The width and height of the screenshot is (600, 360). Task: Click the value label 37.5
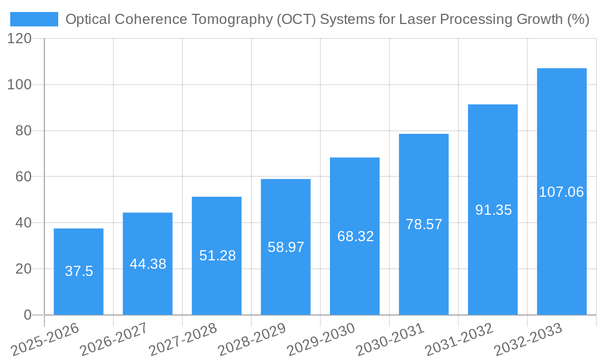79,271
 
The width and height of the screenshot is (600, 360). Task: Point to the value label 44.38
148,264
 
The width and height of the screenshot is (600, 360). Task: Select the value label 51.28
217,256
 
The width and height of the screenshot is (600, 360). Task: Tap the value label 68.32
355,236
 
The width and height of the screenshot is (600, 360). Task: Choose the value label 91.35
493,210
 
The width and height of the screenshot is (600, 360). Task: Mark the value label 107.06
562,192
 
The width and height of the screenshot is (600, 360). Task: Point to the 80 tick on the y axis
23,131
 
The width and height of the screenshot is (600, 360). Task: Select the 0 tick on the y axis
28,315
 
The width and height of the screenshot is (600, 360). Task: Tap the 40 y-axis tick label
23,223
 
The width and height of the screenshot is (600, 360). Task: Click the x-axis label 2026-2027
113,338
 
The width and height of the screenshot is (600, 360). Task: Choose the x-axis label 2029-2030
320,338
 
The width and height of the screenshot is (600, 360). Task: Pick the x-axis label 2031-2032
458,338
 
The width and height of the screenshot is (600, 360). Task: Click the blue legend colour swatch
34,19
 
